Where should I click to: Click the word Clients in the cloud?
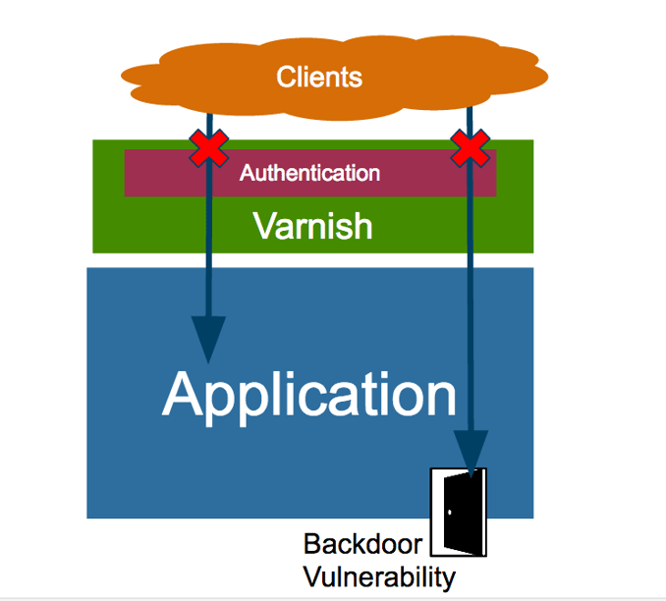click(319, 77)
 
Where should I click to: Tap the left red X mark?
click(207, 148)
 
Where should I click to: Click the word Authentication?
click(309, 174)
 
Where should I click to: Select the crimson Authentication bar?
click(422, 175)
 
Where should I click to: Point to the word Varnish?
click(312, 226)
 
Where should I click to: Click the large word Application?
click(309, 394)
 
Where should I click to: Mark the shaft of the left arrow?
click(208, 255)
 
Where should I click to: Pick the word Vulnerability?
click(379, 576)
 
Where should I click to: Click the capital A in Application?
click(187, 394)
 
